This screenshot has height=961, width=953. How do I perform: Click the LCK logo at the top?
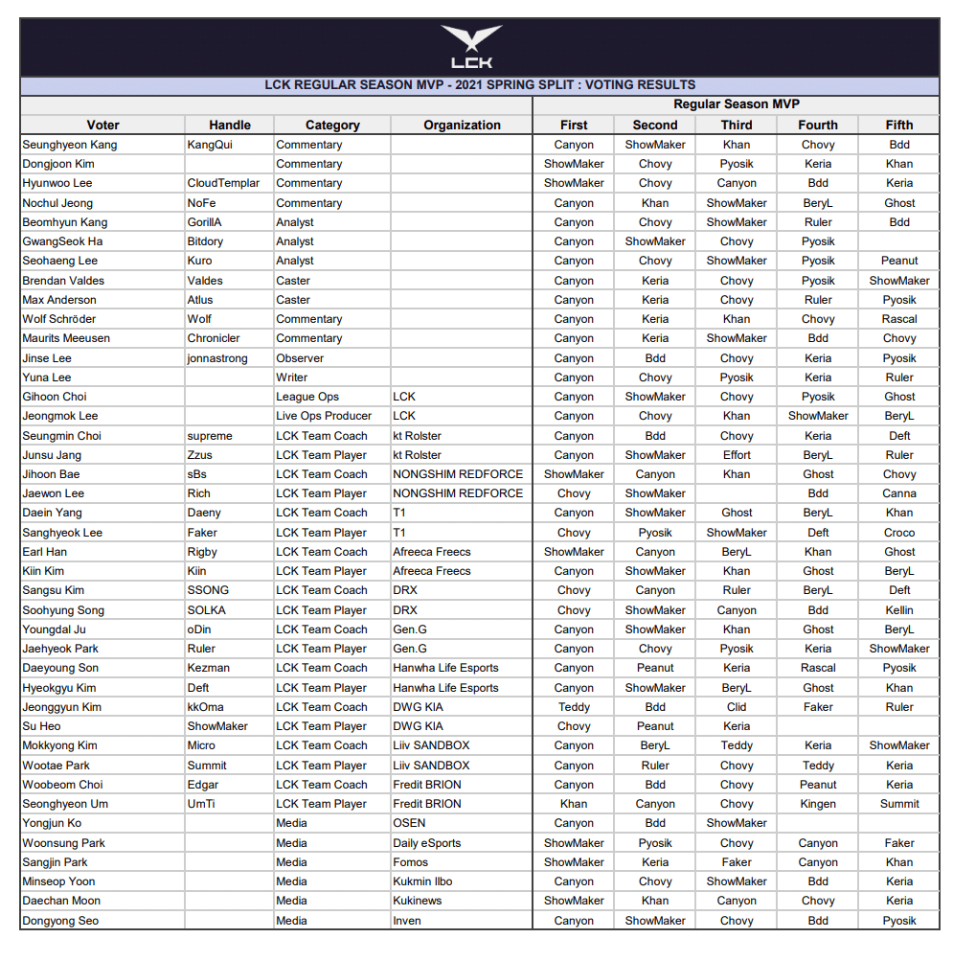point(471,47)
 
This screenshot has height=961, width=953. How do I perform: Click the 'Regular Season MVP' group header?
point(736,104)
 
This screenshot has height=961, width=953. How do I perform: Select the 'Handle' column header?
point(230,125)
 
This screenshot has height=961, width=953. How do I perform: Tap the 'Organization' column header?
point(462,125)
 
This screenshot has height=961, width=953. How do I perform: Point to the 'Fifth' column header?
point(899,125)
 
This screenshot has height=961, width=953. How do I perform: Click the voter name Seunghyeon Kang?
point(70,145)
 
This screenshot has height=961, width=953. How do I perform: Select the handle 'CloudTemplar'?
point(223,183)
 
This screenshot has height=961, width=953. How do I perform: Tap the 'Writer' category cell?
point(292,378)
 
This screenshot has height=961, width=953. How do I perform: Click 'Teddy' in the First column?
point(574,707)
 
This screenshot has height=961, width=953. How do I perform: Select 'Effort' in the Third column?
point(737,455)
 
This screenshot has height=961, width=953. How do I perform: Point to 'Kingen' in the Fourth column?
point(818,804)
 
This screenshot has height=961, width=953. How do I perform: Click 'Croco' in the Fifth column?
point(899,533)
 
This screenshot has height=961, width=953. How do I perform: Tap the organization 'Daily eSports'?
point(426,843)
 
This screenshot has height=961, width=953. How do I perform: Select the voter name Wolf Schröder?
point(59,319)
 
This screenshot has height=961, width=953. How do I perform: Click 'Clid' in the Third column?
point(737,707)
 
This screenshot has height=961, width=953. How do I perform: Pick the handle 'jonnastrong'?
point(217,358)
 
